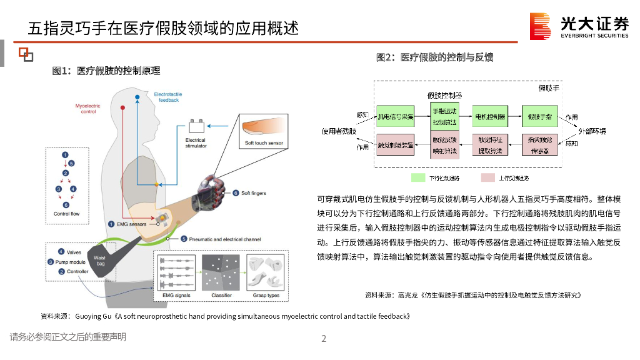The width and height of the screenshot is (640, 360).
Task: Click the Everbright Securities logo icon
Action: tap(540, 26)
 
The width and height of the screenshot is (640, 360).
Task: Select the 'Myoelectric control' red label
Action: tap(88, 109)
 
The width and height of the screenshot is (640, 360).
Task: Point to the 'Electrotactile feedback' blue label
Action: tap(168, 97)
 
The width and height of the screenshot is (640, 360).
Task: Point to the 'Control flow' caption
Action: tap(66, 214)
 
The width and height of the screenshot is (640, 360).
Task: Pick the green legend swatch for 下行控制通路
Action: tap(418, 178)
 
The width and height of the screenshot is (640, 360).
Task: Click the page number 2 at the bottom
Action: tap(324, 339)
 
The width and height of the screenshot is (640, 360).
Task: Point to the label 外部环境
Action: tap(592, 131)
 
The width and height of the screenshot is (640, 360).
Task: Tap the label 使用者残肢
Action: tap(339, 131)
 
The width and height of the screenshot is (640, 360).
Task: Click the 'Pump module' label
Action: tap(71, 262)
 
